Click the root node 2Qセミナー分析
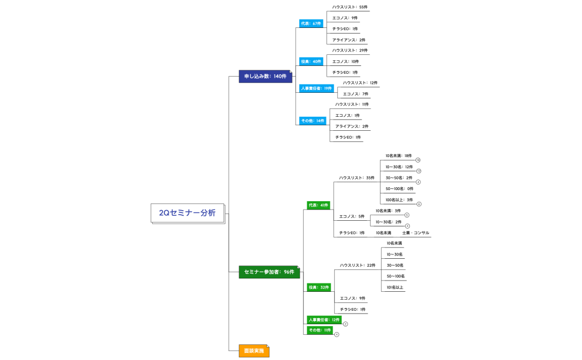(x=187, y=213)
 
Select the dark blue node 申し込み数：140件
(x=265, y=76)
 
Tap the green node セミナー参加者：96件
(x=269, y=272)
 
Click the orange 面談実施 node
(x=254, y=351)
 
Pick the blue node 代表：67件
(x=311, y=23)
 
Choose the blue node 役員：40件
(x=311, y=61)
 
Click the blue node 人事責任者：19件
(x=316, y=88)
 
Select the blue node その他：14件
(x=313, y=121)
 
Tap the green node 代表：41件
(x=318, y=206)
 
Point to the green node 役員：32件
(x=318, y=287)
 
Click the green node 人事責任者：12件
(x=324, y=320)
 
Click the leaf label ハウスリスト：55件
(x=349, y=7)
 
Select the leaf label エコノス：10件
(x=345, y=61)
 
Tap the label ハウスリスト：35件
(x=356, y=178)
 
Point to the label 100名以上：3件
(x=399, y=200)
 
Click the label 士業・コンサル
(x=415, y=233)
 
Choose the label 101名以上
(x=395, y=287)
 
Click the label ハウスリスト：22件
(x=357, y=265)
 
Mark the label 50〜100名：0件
(x=399, y=189)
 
